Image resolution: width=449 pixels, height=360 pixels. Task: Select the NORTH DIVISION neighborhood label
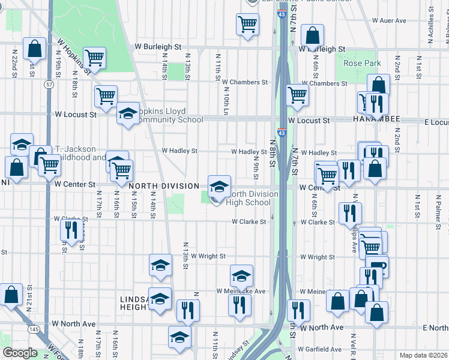click(x=163, y=186)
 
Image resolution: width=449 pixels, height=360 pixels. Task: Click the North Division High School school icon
click(x=219, y=187)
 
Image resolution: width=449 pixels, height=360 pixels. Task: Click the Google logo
click(x=20, y=353)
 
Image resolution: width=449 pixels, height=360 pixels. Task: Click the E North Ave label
click(x=435, y=328)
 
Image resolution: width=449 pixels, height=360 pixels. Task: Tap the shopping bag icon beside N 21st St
click(x=11, y=295)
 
